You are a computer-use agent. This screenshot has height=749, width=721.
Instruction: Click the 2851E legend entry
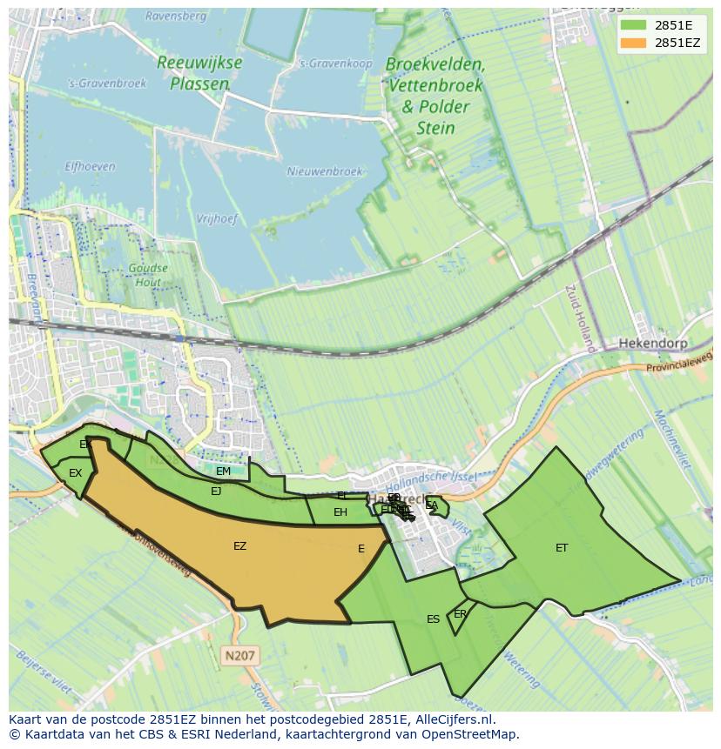click(673, 25)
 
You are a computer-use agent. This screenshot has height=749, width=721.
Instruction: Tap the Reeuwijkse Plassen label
click(199, 73)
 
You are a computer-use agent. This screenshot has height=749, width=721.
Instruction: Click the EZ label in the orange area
click(239, 546)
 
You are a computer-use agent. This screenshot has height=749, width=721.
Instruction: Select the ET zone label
click(562, 548)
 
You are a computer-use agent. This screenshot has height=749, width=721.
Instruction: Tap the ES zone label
click(433, 619)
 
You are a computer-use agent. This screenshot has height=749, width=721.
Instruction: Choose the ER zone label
click(460, 614)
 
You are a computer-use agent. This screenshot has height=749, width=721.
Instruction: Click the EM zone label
click(223, 471)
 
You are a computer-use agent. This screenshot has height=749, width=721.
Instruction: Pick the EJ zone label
click(216, 492)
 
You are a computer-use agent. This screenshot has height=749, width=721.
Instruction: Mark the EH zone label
click(340, 512)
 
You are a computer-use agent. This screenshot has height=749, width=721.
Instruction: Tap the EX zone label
click(75, 473)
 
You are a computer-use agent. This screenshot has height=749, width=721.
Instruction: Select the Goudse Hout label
click(147, 276)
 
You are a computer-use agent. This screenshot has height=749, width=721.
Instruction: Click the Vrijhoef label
click(217, 219)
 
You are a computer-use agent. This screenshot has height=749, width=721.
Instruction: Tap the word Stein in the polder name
click(435, 128)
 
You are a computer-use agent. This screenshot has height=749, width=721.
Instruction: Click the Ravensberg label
click(176, 17)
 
